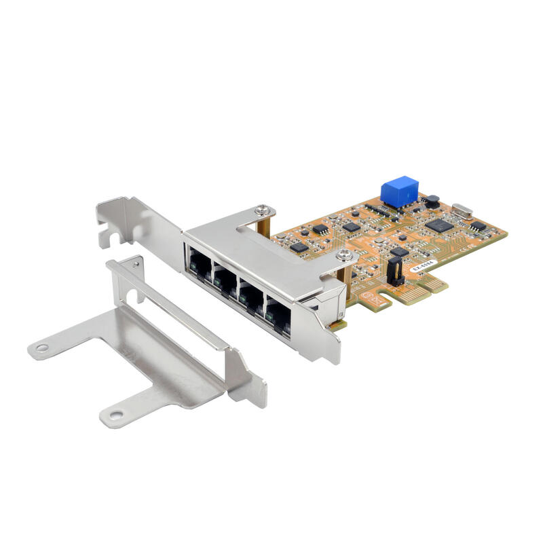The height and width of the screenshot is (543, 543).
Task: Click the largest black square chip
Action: [x=438, y=225]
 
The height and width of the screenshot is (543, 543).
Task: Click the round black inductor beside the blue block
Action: [x=431, y=202]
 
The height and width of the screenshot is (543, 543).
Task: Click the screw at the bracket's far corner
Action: [x=263, y=212]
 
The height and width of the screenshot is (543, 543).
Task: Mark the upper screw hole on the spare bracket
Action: [x=43, y=348]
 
